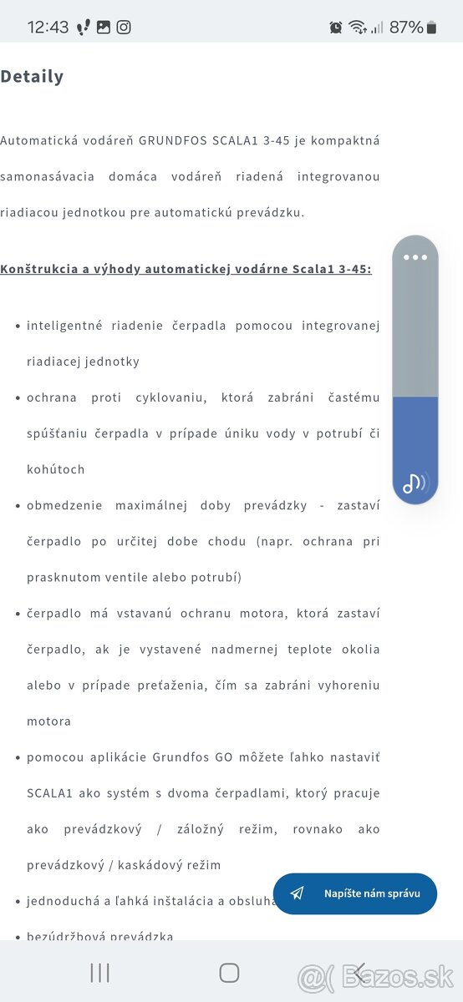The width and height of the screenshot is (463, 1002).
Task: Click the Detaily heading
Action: (x=32, y=77)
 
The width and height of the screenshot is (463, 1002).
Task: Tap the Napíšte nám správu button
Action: (x=354, y=893)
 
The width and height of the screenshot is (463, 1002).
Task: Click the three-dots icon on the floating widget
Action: (x=415, y=257)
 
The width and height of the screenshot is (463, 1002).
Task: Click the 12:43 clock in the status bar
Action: (x=48, y=27)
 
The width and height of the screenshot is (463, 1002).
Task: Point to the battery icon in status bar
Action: (x=431, y=28)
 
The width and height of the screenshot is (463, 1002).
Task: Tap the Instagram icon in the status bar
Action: (x=124, y=27)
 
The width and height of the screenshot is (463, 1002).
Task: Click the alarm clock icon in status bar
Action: (x=336, y=28)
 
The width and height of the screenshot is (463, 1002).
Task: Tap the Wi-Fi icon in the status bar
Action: (x=358, y=28)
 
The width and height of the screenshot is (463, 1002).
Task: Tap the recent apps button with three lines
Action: (x=100, y=972)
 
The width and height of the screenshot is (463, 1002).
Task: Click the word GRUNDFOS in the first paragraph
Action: (x=171, y=140)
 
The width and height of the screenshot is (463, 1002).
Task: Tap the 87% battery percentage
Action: (x=406, y=28)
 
